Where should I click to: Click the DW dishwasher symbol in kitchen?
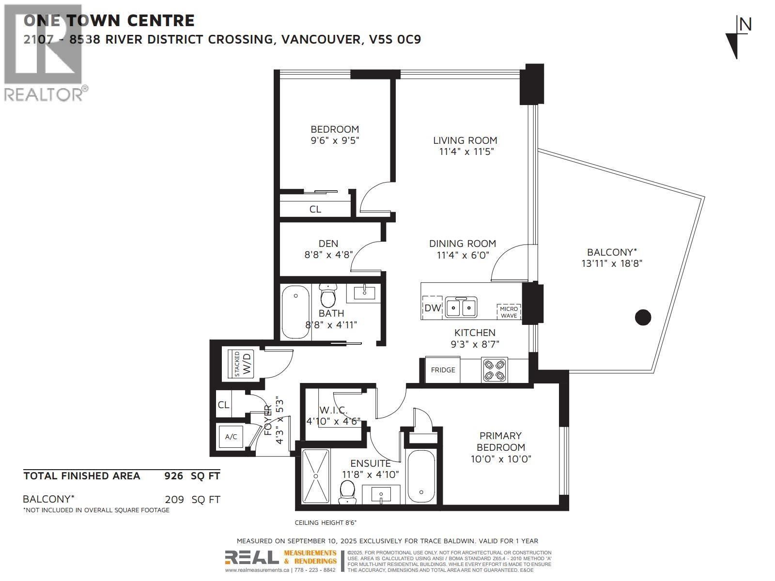pos(433,307)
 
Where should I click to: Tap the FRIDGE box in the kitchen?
pos(443,370)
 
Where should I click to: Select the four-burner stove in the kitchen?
pos(495,370)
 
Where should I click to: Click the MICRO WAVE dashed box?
pos(509,312)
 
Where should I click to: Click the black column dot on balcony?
pos(643,318)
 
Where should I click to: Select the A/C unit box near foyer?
pos(232,437)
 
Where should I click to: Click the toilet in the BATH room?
pos(328,295)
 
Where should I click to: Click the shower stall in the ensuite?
pos(316,477)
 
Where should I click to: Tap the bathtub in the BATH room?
pos(295,312)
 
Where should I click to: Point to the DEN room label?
pos(328,244)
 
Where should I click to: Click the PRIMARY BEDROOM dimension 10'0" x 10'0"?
pos(501,459)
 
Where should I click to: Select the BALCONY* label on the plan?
pos(612,252)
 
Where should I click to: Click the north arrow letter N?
pos(745,24)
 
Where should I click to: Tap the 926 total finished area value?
pos(174,476)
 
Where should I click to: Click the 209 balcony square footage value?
pos(174,499)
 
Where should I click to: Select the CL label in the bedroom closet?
pos(315,209)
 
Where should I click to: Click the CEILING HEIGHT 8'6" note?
pos(325,522)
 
